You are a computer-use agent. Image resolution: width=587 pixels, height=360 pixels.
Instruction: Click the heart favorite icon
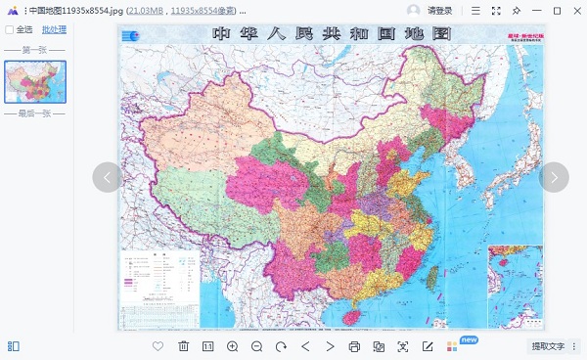[x=158, y=346]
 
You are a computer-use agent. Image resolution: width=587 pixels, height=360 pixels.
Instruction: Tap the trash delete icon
[x=183, y=346]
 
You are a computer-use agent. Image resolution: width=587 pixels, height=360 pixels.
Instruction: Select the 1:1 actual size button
[x=207, y=346]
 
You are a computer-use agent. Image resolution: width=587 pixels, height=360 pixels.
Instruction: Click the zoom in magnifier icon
[x=232, y=346]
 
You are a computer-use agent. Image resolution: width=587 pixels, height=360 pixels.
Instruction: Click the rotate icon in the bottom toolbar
[x=281, y=346]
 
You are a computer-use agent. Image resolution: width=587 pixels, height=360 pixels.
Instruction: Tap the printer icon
[x=354, y=346]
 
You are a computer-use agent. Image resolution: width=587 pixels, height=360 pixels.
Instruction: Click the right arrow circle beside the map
[x=554, y=177]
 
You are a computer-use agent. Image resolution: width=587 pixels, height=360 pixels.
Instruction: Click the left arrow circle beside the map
[x=108, y=177]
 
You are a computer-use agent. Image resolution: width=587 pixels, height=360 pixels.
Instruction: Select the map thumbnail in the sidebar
[x=35, y=81]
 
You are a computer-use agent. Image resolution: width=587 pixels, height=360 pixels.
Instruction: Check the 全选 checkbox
[x=10, y=30]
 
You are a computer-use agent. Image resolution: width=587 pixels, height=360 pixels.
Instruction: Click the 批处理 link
[x=54, y=30]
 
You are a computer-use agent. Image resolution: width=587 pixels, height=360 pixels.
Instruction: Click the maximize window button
[x=557, y=11]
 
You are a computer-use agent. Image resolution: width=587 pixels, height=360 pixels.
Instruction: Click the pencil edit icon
[x=428, y=346]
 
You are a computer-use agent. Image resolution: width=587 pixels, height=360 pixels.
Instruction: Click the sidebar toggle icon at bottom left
[x=13, y=346]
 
